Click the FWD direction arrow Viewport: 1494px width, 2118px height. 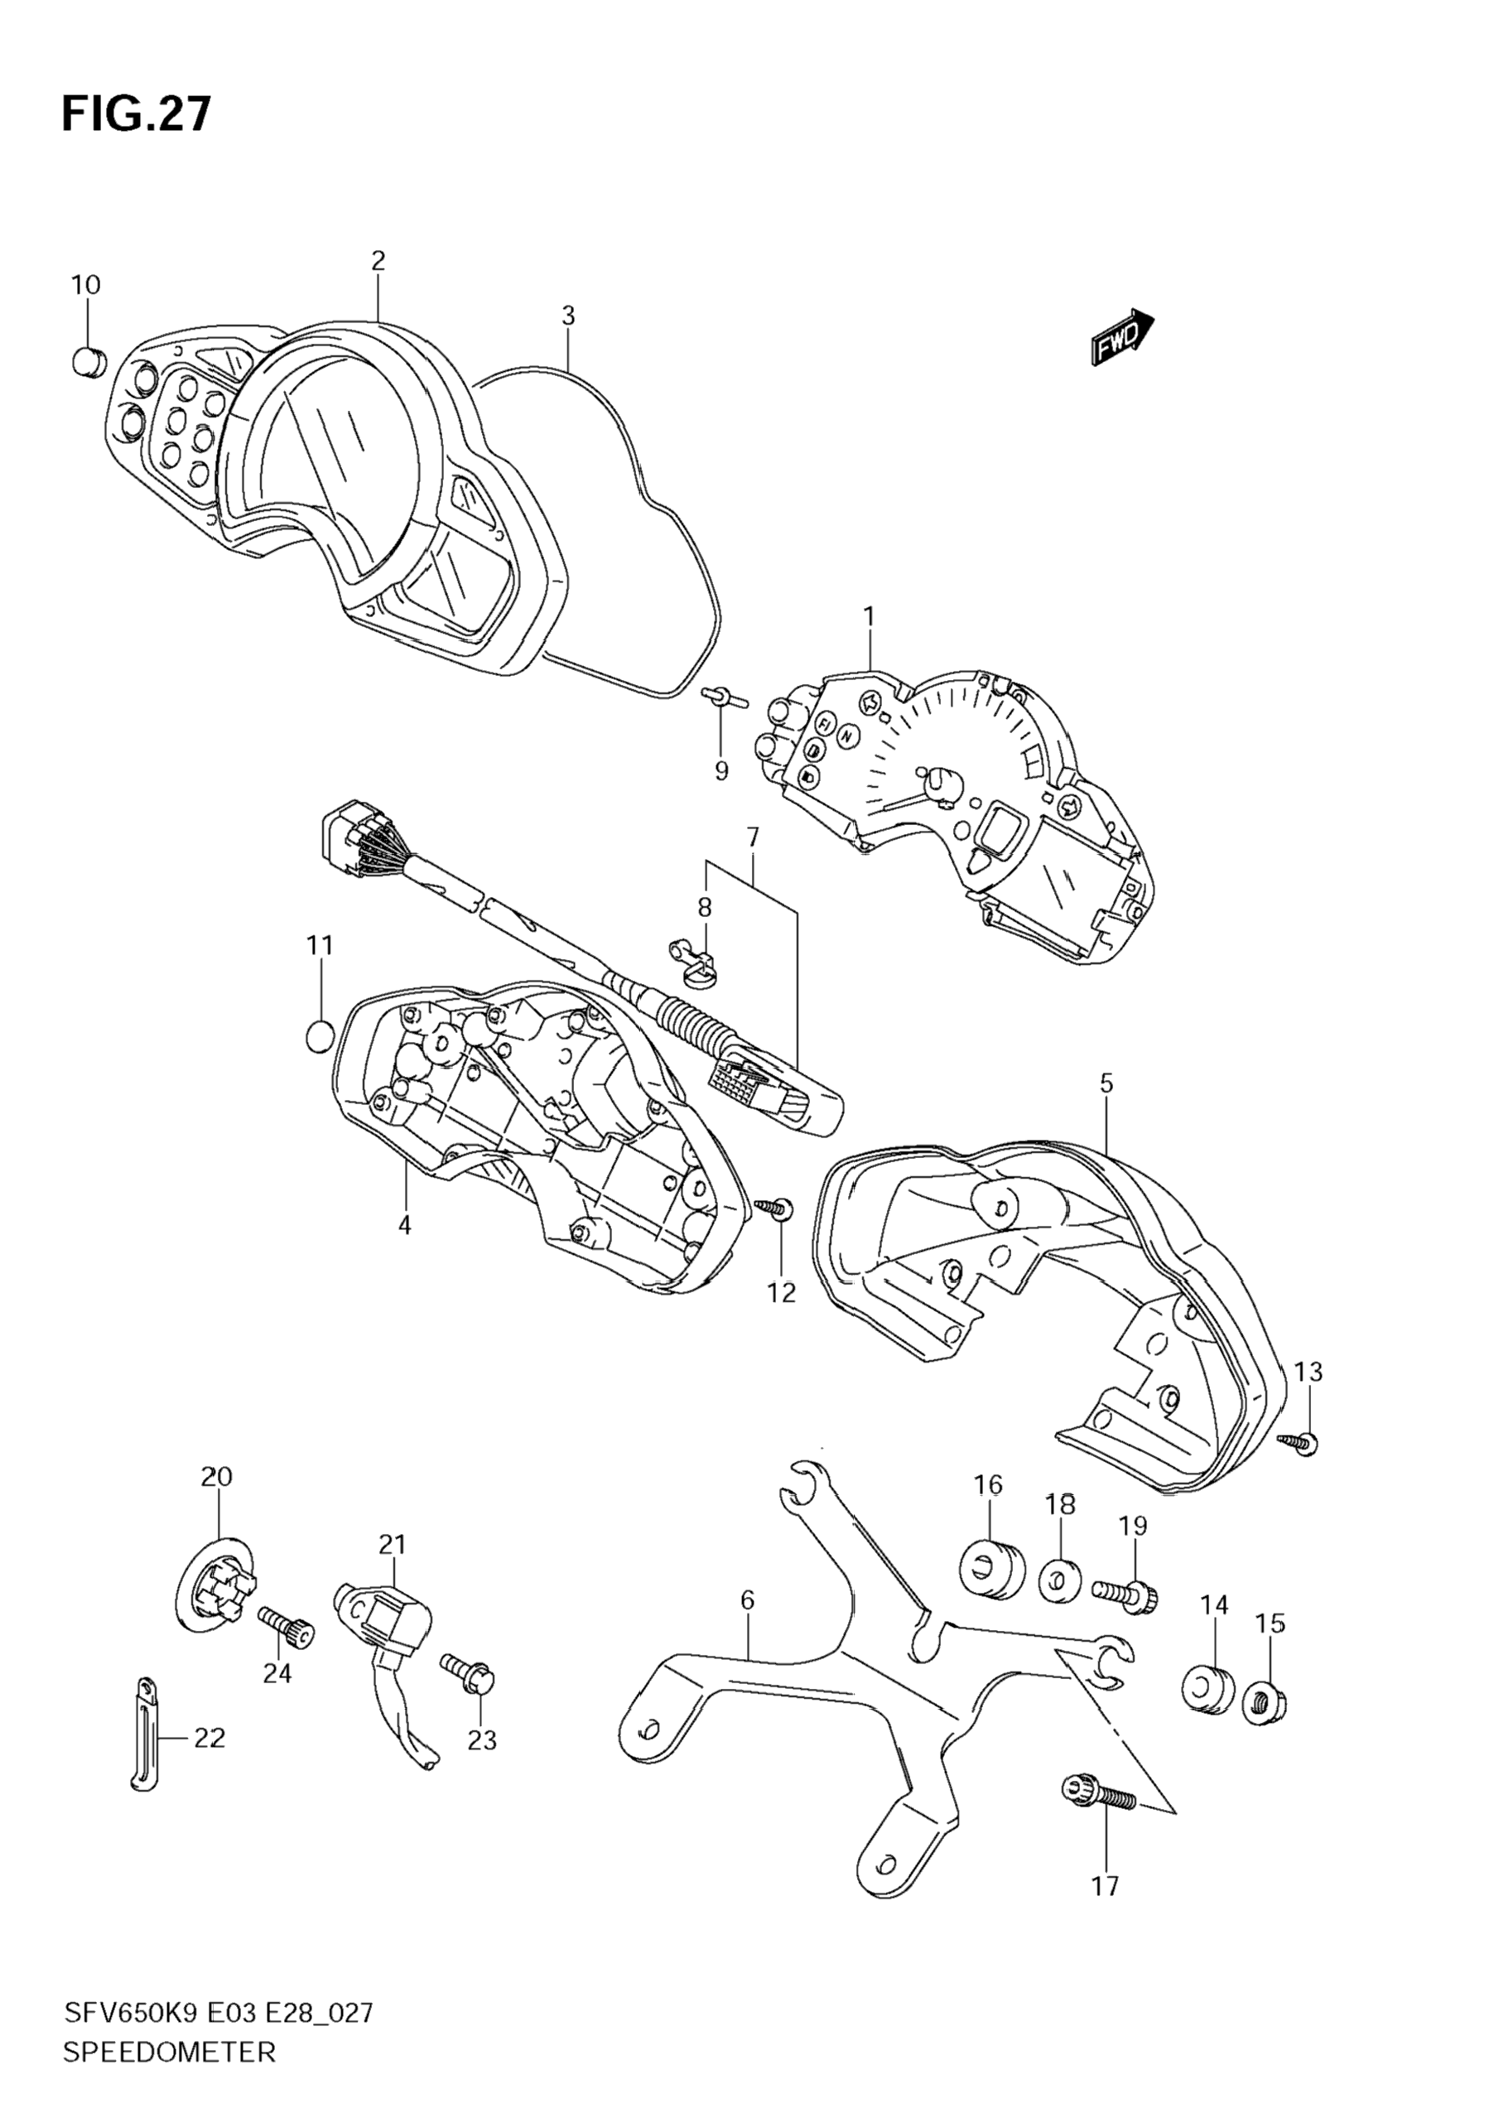(1122, 336)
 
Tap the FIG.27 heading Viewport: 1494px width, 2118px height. (137, 114)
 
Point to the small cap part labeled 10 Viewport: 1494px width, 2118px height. (88, 360)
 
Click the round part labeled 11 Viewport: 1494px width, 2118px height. (319, 1037)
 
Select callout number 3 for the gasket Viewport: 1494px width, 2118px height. (568, 316)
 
